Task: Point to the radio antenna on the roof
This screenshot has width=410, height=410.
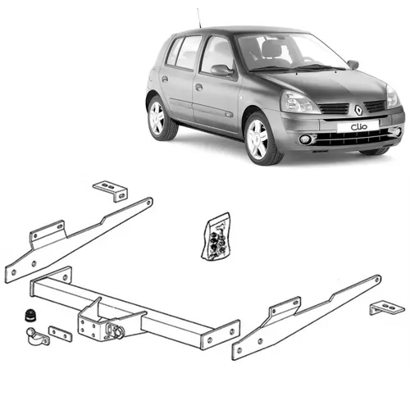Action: tap(198, 18)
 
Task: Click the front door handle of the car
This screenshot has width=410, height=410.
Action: tap(199, 86)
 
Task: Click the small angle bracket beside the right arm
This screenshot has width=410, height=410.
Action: tap(385, 308)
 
